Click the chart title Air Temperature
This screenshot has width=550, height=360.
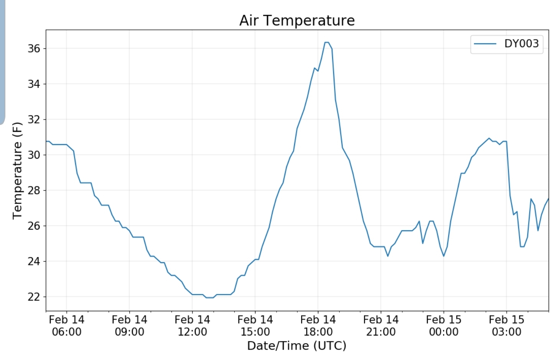(297, 20)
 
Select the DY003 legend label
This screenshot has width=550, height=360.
(521, 44)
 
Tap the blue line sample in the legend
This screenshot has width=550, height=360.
(486, 44)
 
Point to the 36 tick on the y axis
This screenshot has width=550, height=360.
(34, 48)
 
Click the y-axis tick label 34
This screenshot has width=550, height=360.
(34, 84)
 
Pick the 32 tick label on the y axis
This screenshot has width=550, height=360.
(34, 119)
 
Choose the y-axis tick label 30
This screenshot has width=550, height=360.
(34, 155)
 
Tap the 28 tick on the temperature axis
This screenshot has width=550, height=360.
(34, 190)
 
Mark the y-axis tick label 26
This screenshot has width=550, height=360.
(34, 226)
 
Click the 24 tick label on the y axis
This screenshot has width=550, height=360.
(34, 261)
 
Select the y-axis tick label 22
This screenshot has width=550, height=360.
(34, 297)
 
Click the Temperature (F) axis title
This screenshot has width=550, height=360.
(17, 171)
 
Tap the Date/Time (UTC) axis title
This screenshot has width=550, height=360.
(296, 346)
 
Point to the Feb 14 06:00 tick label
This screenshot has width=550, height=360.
(67, 325)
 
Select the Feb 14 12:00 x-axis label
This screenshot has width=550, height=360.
(192, 325)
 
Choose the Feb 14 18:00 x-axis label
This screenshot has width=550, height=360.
(318, 325)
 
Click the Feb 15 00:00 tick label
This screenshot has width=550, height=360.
(444, 325)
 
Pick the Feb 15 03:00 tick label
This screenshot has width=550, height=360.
(506, 325)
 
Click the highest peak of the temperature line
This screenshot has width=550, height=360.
(327, 42)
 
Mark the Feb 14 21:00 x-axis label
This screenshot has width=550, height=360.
(381, 325)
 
